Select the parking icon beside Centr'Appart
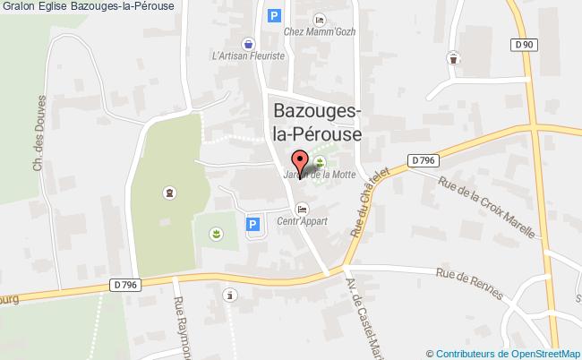252,224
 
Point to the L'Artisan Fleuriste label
248,55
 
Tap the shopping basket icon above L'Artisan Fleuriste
248,41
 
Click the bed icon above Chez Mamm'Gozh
320,19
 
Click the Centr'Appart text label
301,221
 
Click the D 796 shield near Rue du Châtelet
424,160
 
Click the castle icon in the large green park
167,192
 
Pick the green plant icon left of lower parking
216,234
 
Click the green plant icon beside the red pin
319,161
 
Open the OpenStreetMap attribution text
508,353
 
